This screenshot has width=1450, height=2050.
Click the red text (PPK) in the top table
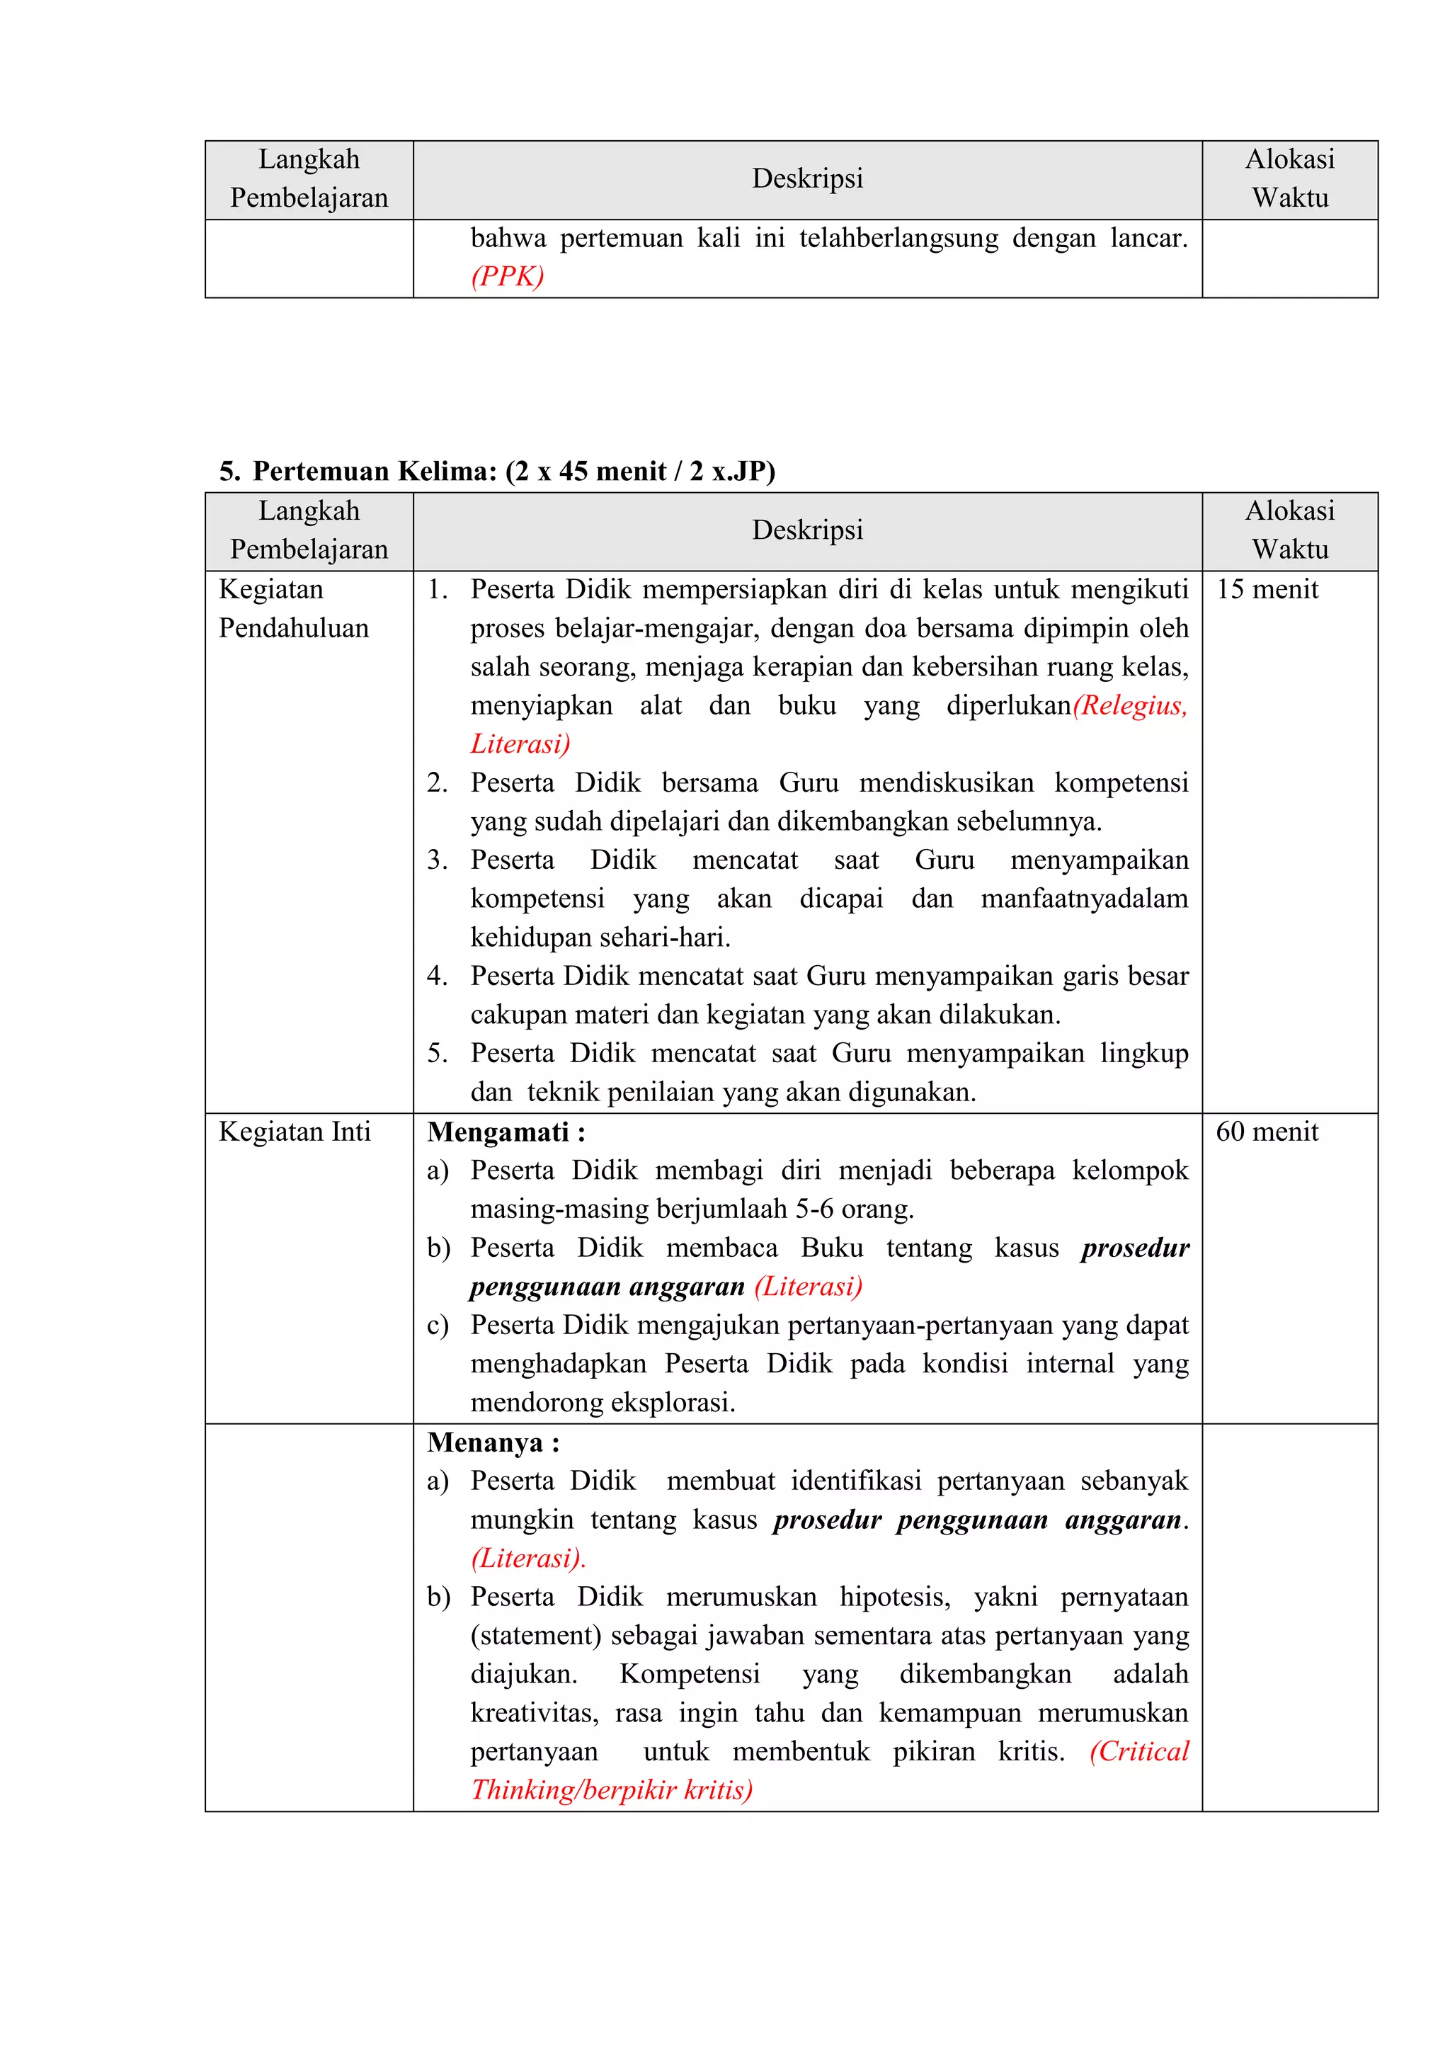coord(507,277)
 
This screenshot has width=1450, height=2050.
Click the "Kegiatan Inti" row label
coord(295,1132)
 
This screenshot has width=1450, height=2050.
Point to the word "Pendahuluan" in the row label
coord(294,629)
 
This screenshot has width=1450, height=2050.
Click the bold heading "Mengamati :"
coord(506,1132)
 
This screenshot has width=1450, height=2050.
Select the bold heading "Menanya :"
coord(493,1443)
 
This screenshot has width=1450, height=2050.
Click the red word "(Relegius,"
coord(1131,706)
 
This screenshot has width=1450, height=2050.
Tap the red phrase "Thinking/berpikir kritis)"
coord(612,1790)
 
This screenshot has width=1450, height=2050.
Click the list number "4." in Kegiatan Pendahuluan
coord(437,976)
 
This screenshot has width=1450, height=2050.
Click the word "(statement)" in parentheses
coord(537,1636)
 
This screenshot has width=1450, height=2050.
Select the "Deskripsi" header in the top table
coord(807,178)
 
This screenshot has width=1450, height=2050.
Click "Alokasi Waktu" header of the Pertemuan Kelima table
coord(1289,530)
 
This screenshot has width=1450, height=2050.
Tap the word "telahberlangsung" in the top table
coord(898,239)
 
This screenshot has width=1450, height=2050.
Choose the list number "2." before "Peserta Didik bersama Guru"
coord(437,783)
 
